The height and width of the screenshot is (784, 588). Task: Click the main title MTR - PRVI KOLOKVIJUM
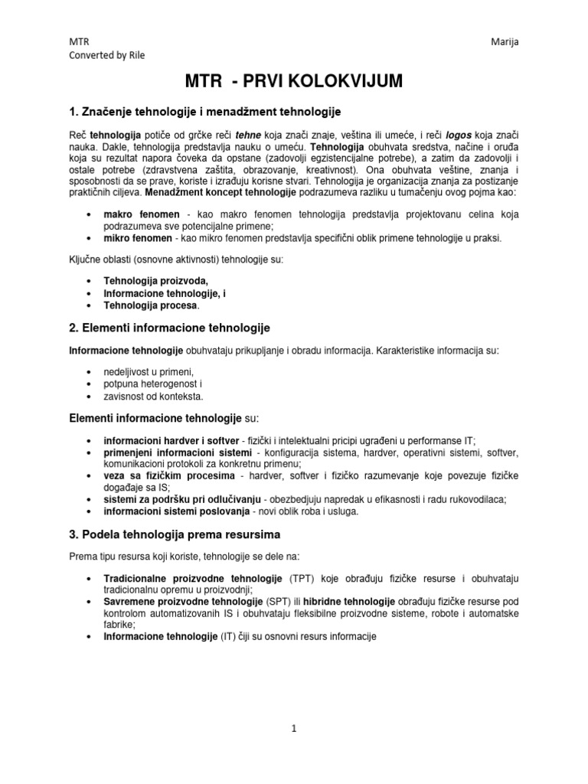pyautogui.click(x=293, y=81)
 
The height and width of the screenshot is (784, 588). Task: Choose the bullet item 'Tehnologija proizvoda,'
pyautogui.click(x=155, y=281)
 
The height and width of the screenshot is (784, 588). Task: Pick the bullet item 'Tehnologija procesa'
pyautogui.click(x=150, y=305)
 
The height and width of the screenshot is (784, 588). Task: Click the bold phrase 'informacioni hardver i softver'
pyautogui.click(x=171, y=441)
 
